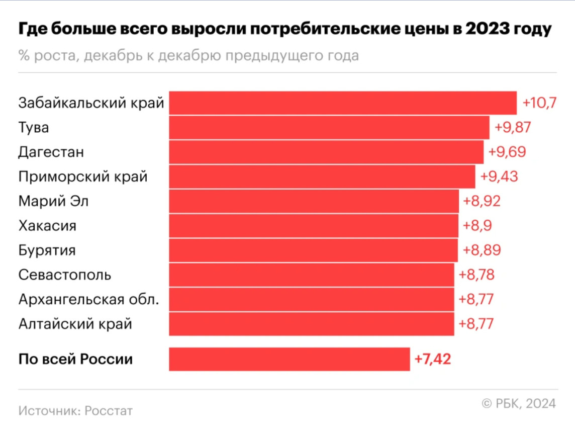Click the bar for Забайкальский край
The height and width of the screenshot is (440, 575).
(343, 103)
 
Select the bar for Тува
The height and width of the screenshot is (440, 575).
(329, 128)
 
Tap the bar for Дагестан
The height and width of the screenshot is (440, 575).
(326, 152)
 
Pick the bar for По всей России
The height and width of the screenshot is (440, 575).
(290, 360)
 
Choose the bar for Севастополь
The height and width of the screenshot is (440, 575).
(312, 275)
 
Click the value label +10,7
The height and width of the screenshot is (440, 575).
(540, 103)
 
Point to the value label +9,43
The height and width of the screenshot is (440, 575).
(499, 177)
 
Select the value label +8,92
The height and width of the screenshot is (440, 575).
(482, 202)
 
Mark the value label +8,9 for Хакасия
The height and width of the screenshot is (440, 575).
(477, 226)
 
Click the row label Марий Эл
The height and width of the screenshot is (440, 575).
(54, 202)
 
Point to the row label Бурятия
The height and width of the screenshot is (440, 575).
(47, 250)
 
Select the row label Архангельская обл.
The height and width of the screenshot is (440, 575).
(89, 300)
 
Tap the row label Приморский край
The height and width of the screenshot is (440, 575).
(83, 177)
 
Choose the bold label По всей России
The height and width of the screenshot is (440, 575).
(76, 360)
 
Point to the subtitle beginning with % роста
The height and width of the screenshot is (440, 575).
(188, 55)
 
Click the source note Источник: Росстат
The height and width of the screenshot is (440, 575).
(76, 410)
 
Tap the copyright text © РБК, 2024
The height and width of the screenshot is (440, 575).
(519, 404)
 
